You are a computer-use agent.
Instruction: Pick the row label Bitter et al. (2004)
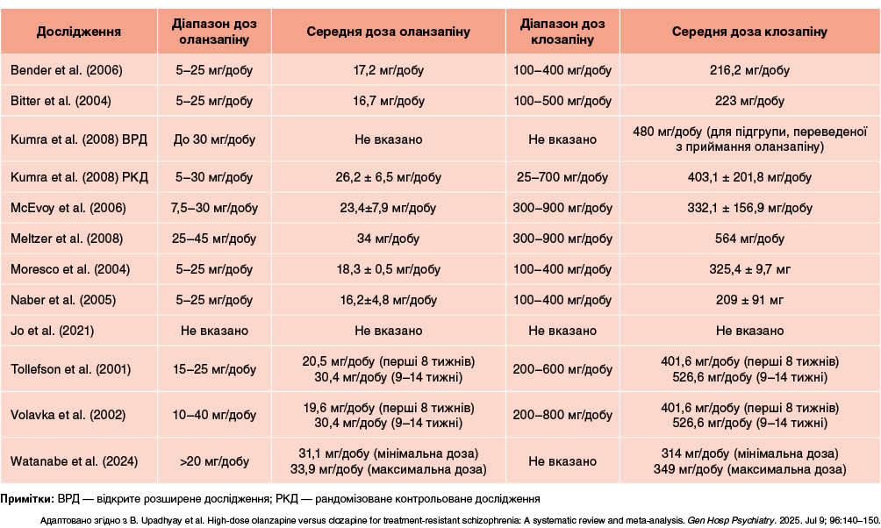(61, 101)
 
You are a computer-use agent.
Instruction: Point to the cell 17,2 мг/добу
(388, 70)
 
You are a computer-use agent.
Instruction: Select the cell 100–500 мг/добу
(562, 101)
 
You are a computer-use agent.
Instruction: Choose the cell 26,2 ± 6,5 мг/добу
(388, 178)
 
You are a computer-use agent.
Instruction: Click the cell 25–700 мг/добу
(562, 178)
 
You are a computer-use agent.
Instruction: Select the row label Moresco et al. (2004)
(68, 269)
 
